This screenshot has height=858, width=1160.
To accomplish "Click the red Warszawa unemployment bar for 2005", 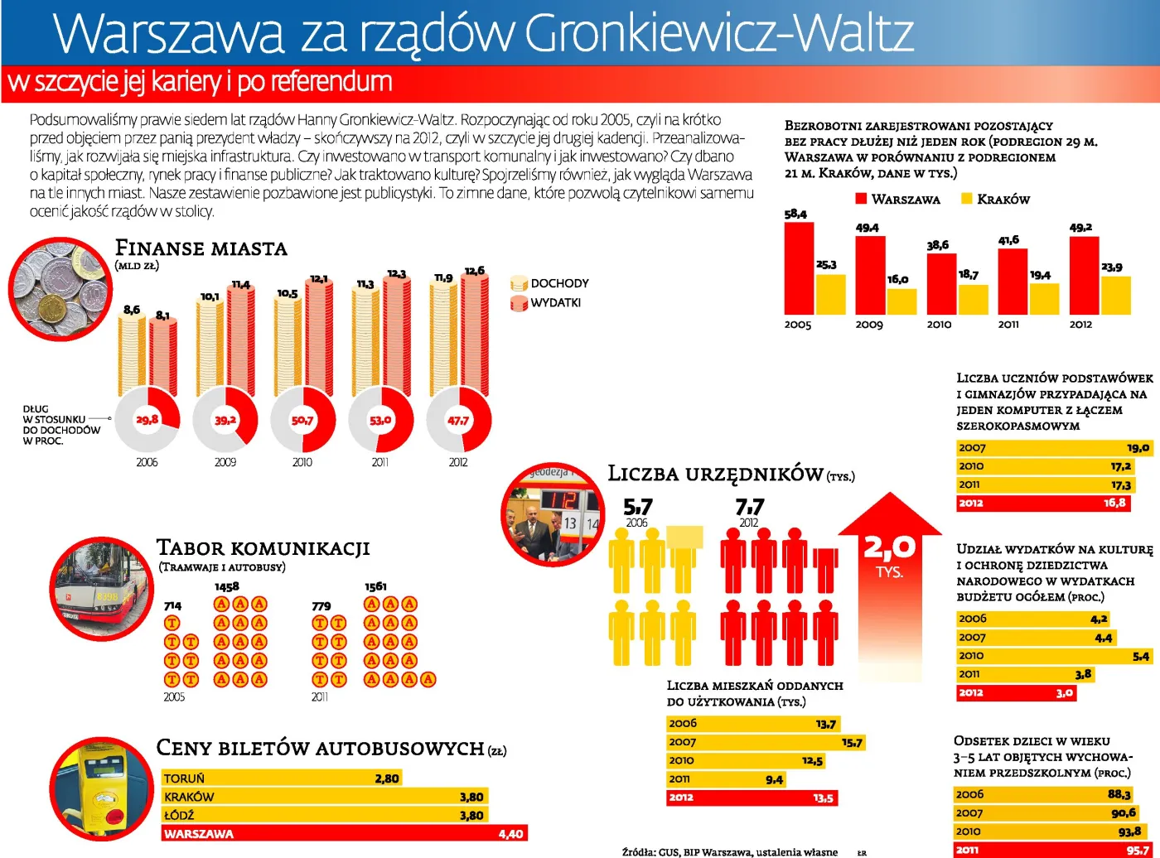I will pyautogui.click(x=799, y=268).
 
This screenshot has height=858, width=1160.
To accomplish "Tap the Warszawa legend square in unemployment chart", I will pyautogui.click(x=861, y=199).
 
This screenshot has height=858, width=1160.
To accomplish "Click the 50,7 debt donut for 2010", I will pyautogui.click(x=302, y=420).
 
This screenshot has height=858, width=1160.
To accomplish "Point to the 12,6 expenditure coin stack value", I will pyautogui.click(x=475, y=271).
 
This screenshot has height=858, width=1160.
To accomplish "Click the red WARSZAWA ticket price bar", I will pyautogui.click(x=344, y=833).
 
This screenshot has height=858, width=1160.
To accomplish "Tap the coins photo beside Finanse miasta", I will pyautogui.click(x=60, y=289).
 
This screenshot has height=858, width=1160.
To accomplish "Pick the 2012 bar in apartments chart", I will pyautogui.click(x=752, y=798).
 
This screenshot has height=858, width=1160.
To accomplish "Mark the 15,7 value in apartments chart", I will pyautogui.click(x=852, y=742).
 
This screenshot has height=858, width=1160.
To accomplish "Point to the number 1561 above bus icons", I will pyautogui.click(x=375, y=586).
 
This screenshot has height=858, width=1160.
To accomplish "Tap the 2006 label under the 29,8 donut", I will pyautogui.click(x=147, y=462).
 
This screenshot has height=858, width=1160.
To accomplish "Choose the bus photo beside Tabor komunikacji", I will pyautogui.click(x=102, y=589).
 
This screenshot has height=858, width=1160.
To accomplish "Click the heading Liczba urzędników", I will pyautogui.click(x=715, y=474).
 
